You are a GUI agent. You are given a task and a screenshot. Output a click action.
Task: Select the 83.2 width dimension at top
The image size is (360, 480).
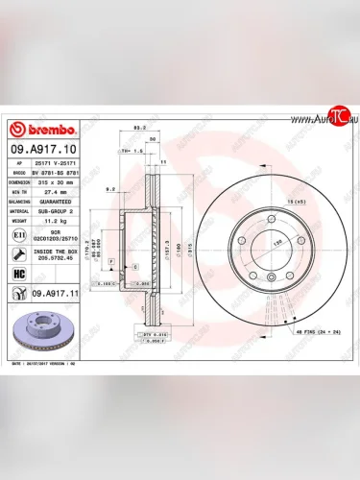[x=139, y=128]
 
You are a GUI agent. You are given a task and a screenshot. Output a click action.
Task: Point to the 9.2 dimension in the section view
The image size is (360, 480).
[x=113, y=189]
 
